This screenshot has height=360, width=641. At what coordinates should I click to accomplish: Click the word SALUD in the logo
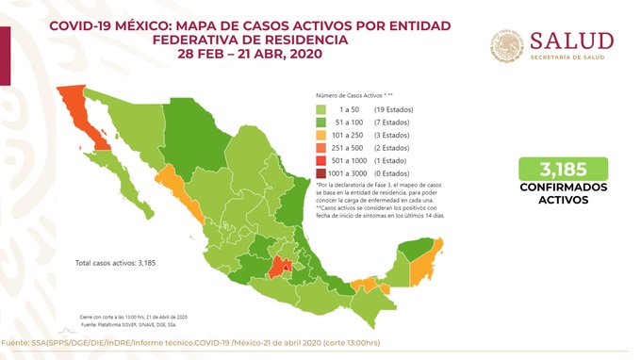[x=572, y=41]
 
